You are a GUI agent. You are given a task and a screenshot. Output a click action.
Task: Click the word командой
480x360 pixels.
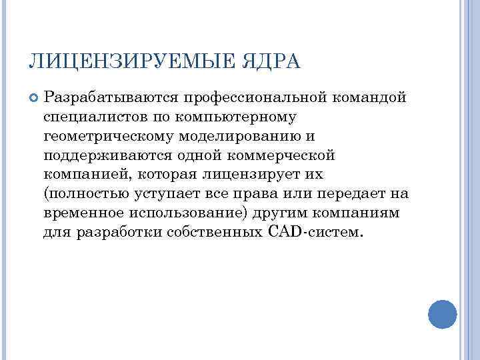tap(369, 98)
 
